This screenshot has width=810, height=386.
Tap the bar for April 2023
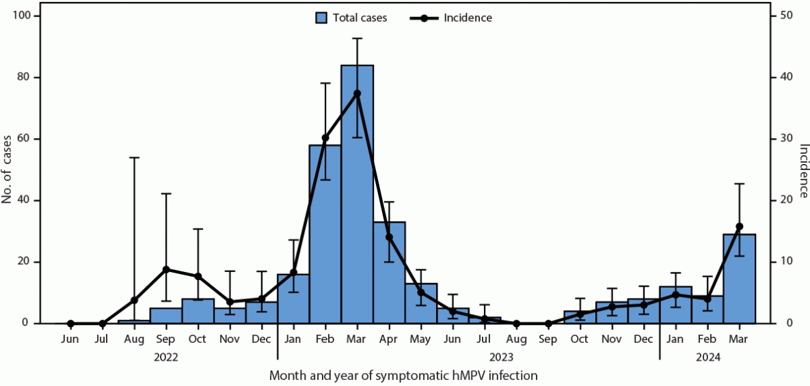click(x=389, y=273)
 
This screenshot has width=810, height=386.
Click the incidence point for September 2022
click(x=165, y=269)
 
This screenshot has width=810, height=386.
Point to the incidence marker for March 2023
click(x=357, y=93)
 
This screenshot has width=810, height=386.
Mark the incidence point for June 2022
click(x=70, y=323)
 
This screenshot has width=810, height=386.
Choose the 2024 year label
click(x=707, y=356)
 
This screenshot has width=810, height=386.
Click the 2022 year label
click(x=166, y=356)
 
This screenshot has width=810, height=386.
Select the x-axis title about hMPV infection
click(x=403, y=375)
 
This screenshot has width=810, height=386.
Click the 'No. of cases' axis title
click(x=8, y=169)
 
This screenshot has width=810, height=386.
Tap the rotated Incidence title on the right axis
click(x=802, y=169)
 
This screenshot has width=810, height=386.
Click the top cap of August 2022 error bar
click(x=134, y=157)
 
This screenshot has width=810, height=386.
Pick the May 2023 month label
click(x=420, y=340)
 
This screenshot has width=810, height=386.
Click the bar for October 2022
click(x=198, y=311)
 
